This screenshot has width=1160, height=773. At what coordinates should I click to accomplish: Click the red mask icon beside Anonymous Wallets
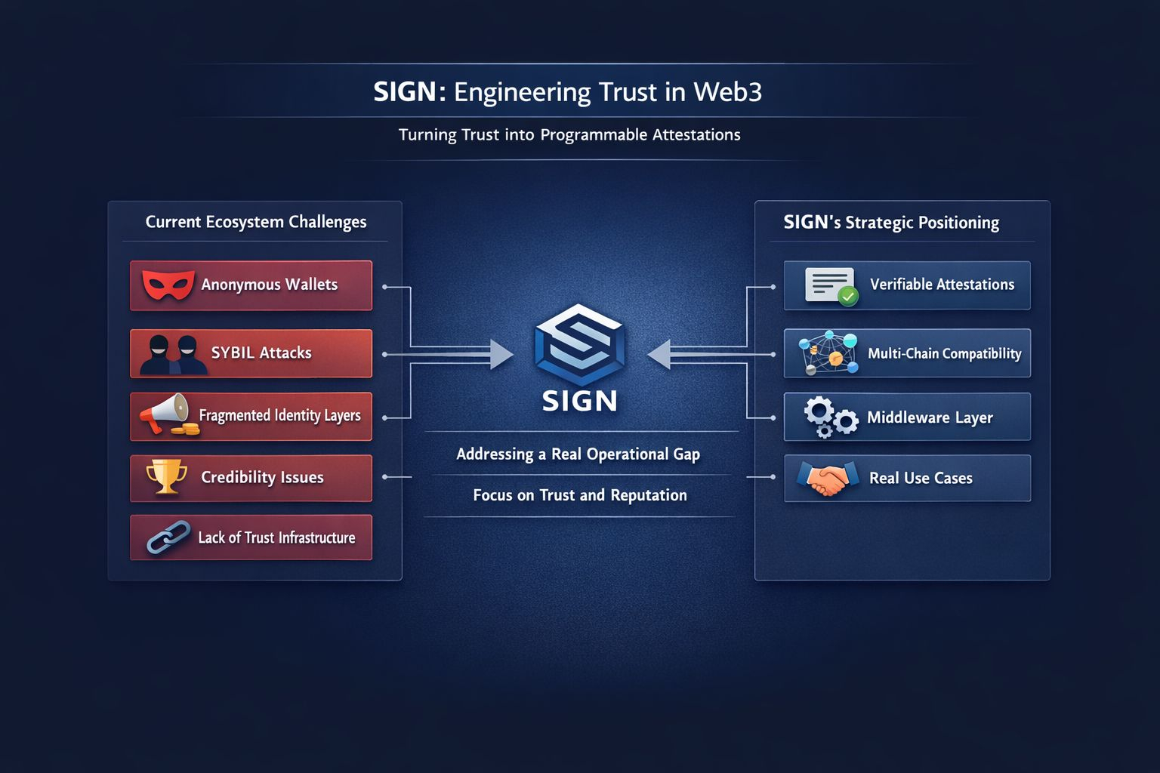[168, 285]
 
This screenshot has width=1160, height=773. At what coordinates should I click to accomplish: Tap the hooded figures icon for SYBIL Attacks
[173, 355]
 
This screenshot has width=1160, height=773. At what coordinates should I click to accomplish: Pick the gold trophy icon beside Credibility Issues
[166, 476]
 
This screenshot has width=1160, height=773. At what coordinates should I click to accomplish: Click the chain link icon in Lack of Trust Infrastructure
[168, 537]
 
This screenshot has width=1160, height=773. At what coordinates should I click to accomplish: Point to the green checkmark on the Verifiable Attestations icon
[848, 297]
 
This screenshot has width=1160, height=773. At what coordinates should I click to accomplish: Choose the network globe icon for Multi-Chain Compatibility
[828, 353]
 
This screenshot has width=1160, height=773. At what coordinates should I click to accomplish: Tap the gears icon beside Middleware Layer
[830, 417]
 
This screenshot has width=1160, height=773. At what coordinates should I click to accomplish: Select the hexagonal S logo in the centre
[579, 345]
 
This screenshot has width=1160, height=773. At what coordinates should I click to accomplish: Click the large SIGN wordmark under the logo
[579, 401]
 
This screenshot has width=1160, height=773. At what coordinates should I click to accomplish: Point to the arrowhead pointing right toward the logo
[501, 354]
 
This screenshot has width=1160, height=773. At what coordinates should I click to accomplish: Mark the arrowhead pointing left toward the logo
[659, 354]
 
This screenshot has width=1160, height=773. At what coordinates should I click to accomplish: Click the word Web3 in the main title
[727, 92]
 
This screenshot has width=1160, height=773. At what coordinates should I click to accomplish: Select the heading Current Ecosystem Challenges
[255, 222]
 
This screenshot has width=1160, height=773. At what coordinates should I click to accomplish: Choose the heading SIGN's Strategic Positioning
[891, 223]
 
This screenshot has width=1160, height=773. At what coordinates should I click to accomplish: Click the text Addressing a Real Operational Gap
[578, 454]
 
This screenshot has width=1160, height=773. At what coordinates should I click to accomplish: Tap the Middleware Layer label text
[930, 417]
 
